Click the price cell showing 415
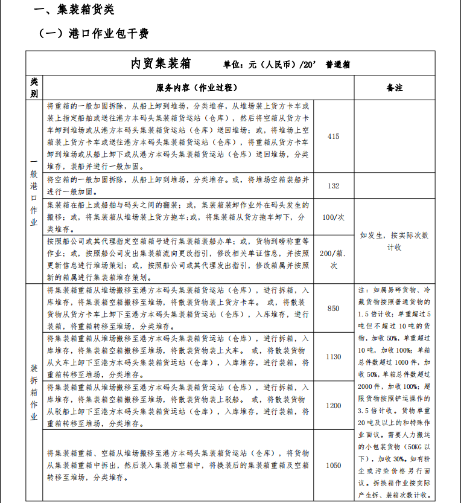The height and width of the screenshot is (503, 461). coord(333,136)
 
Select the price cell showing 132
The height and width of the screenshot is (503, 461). coord(333,186)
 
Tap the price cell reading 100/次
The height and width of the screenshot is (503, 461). coord(333,216)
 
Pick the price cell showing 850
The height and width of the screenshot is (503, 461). coord(333,309)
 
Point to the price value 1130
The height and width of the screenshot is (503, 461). coord(333,357)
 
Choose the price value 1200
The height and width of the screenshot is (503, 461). coord(333,406)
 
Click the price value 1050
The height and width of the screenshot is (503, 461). coord(333,466)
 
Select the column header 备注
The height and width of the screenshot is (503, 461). coord(394,88)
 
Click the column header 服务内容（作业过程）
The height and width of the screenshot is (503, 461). coord(198,88)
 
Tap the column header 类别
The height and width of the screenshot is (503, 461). coord(34,88)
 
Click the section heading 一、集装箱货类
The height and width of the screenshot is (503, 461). coord(74,10)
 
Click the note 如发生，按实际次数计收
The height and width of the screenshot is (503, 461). coord(394,242)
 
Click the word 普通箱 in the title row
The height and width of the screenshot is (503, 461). coord(338,65)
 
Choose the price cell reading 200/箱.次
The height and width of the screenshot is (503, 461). coord(333,259)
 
